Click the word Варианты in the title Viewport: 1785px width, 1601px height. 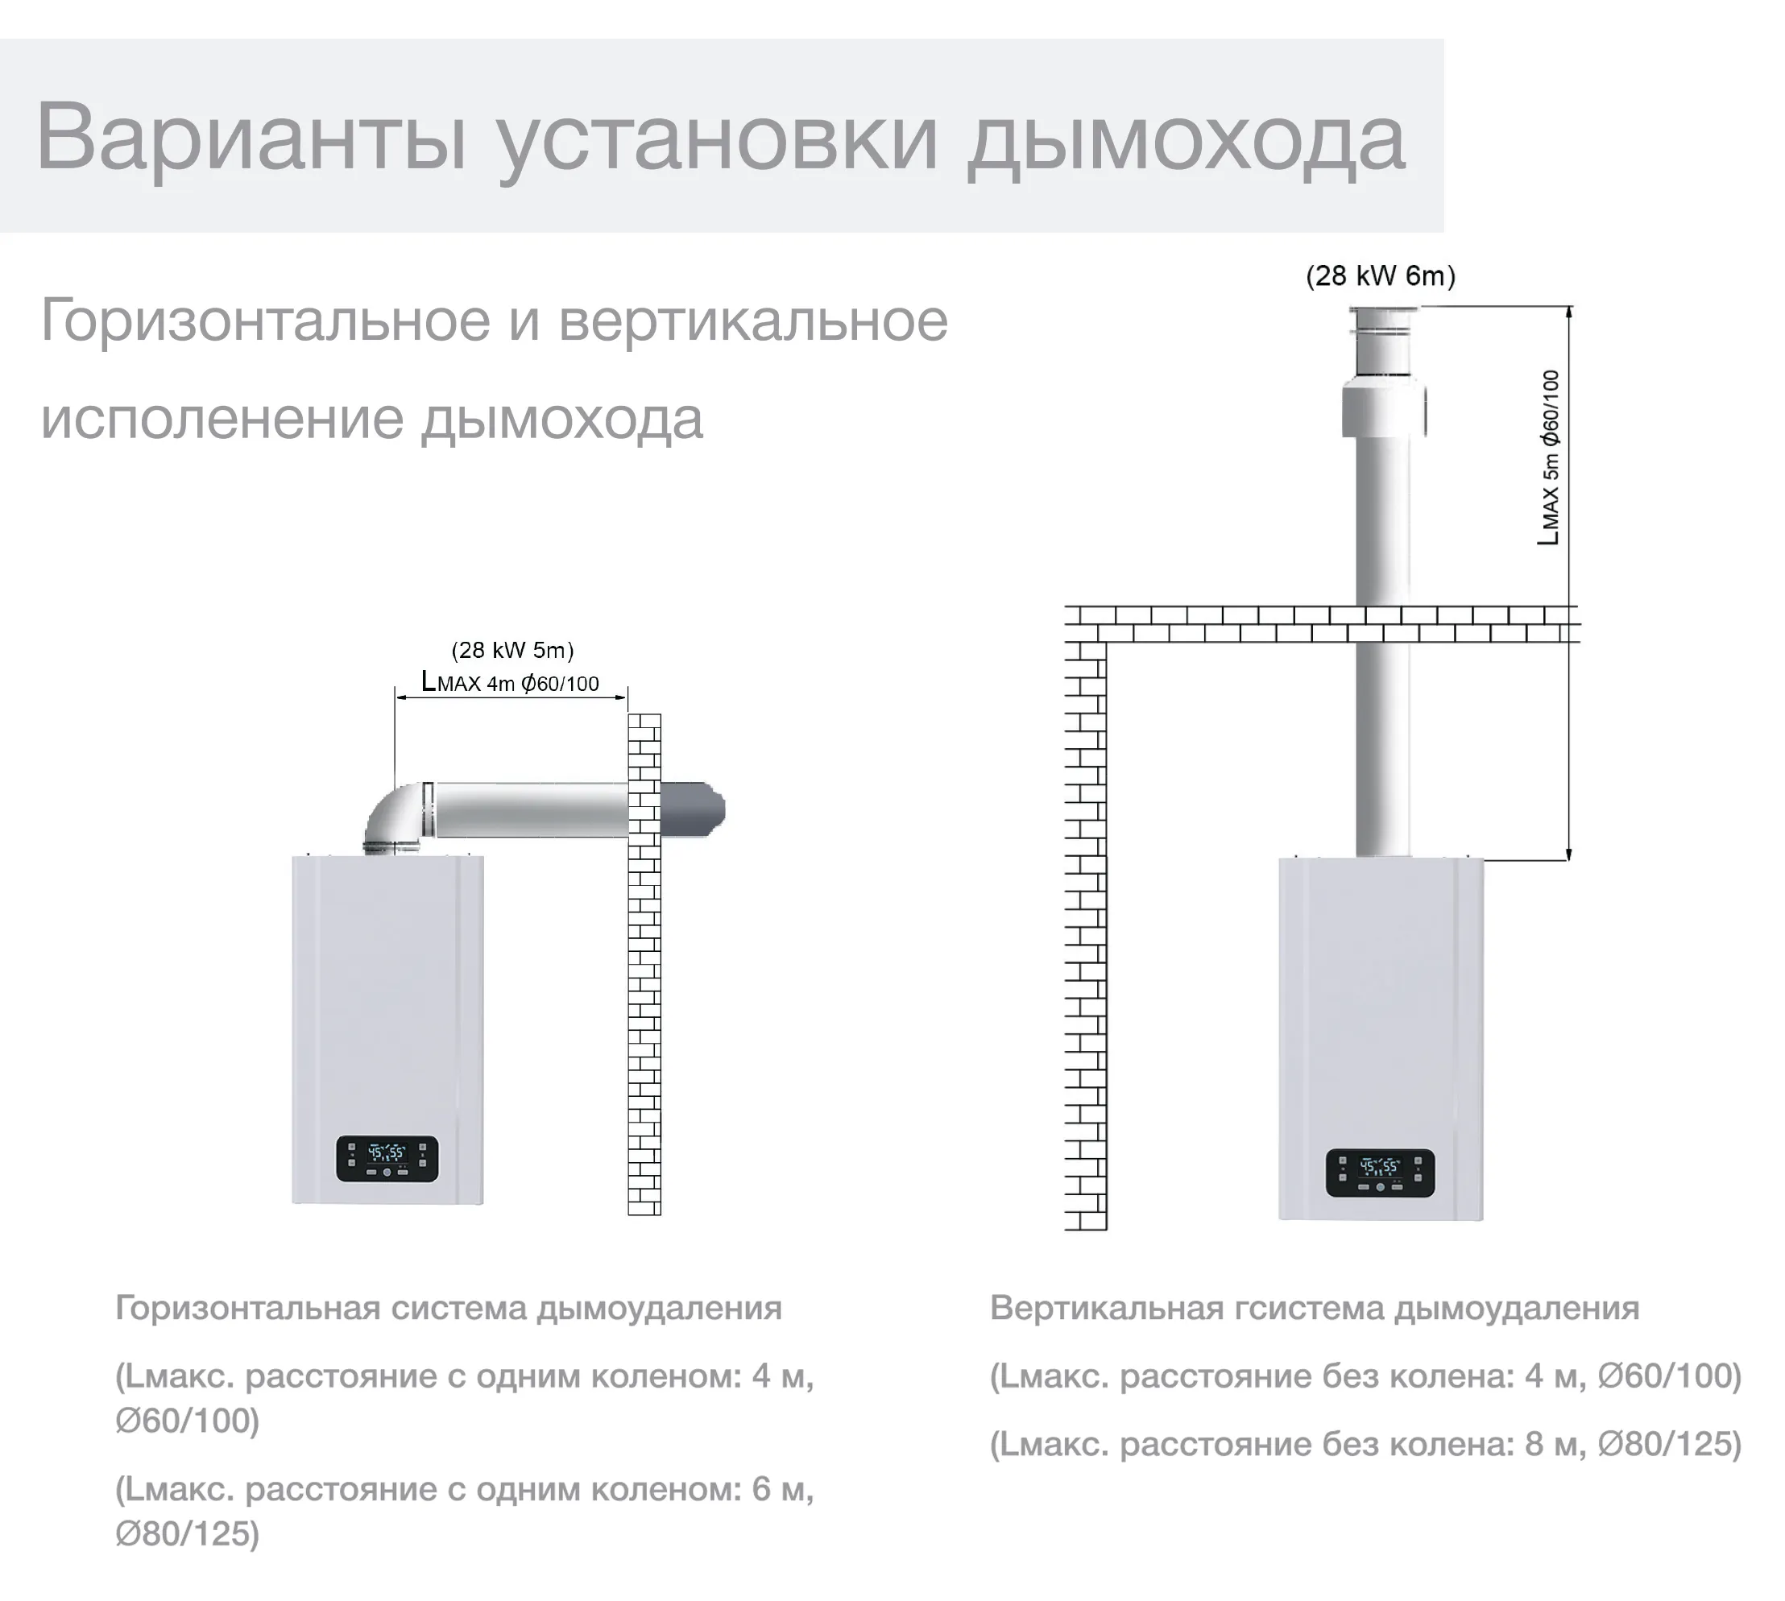tap(250, 137)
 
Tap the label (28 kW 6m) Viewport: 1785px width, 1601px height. tap(1380, 276)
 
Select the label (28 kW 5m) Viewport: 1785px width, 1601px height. tap(512, 650)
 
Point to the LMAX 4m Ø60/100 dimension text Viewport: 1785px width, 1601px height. tap(510, 683)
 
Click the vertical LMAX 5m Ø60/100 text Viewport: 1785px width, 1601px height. tap(1548, 457)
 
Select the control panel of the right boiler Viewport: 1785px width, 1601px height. tap(1380, 1172)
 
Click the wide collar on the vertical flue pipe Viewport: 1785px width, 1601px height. tap(1383, 410)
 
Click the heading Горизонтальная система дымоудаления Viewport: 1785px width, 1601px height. tap(448, 1308)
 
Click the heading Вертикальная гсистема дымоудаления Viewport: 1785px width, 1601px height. tap(1314, 1308)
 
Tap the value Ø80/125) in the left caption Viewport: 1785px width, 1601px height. tap(188, 1533)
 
